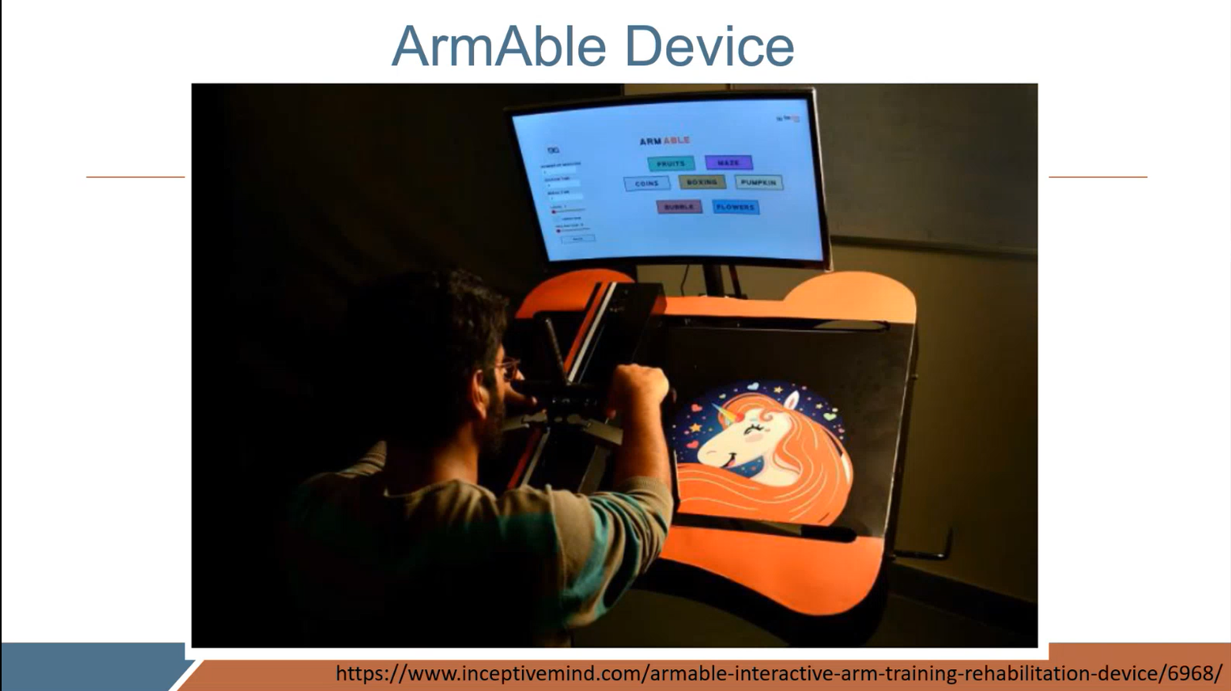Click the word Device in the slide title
click(x=709, y=47)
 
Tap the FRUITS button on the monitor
click(x=670, y=163)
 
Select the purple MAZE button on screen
click(x=729, y=162)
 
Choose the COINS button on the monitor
click(x=646, y=183)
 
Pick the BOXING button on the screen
click(x=702, y=183)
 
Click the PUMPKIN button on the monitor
click(x=758, y=183)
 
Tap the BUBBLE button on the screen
click(x=679, y=207)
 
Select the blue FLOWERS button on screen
click(x=735, y=207)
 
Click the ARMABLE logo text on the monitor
click(x=664, y=141)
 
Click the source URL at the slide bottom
click(x=779, y=673)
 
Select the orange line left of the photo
click(x=136, y=176)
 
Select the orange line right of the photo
click(x=1098, y=176)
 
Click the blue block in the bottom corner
click(x=89, y=667)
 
